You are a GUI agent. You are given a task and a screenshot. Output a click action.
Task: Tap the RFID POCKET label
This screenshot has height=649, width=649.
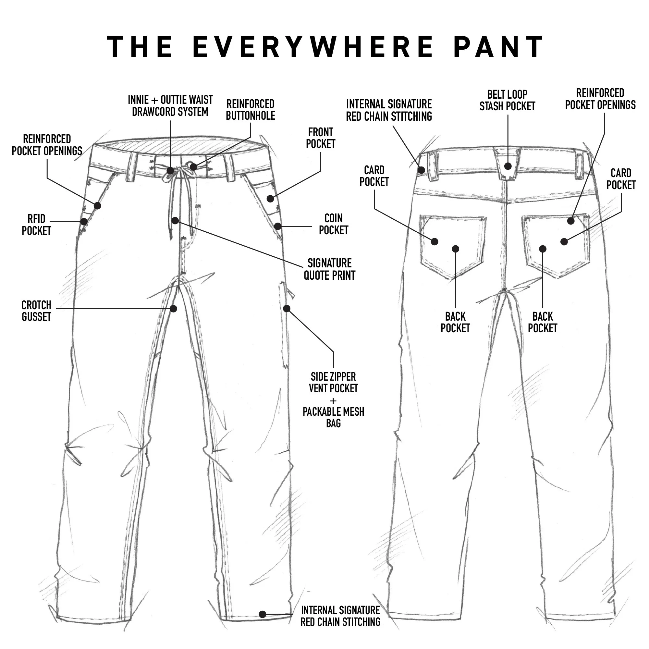coord(36,225)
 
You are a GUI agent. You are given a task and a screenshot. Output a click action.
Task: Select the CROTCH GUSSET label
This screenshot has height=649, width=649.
coord(36,311)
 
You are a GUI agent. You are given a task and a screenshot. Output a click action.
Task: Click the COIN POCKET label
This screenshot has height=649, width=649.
coord(333,224)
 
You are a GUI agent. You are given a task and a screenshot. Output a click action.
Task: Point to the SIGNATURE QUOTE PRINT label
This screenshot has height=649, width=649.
coord(330,269)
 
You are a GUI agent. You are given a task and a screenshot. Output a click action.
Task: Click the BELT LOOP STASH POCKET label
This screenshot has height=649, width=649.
coord(507,100)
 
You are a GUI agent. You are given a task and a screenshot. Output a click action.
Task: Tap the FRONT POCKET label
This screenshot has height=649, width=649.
coord(321,138)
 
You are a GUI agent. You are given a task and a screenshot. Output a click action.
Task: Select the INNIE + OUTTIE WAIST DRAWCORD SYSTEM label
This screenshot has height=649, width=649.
coord(170,105)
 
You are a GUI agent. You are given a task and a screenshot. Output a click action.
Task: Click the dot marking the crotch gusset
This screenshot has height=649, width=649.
coord(174,308)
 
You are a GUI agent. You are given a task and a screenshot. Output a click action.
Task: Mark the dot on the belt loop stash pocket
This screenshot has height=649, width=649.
coord(508,166)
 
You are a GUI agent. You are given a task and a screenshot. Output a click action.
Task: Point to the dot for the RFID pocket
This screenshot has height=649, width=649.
coord(84,222)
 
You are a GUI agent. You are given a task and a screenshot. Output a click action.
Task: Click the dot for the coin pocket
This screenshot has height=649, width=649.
coord(277,226)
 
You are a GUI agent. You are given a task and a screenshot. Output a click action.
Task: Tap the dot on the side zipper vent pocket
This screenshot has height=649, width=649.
coord(287,308)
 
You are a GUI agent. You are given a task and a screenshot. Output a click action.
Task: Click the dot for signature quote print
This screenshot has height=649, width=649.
coord(175,221)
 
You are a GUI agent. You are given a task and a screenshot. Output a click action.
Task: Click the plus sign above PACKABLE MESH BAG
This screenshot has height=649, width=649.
coord(333,401)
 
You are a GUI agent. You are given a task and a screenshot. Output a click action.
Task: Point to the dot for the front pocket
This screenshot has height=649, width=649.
coord(270,199)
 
